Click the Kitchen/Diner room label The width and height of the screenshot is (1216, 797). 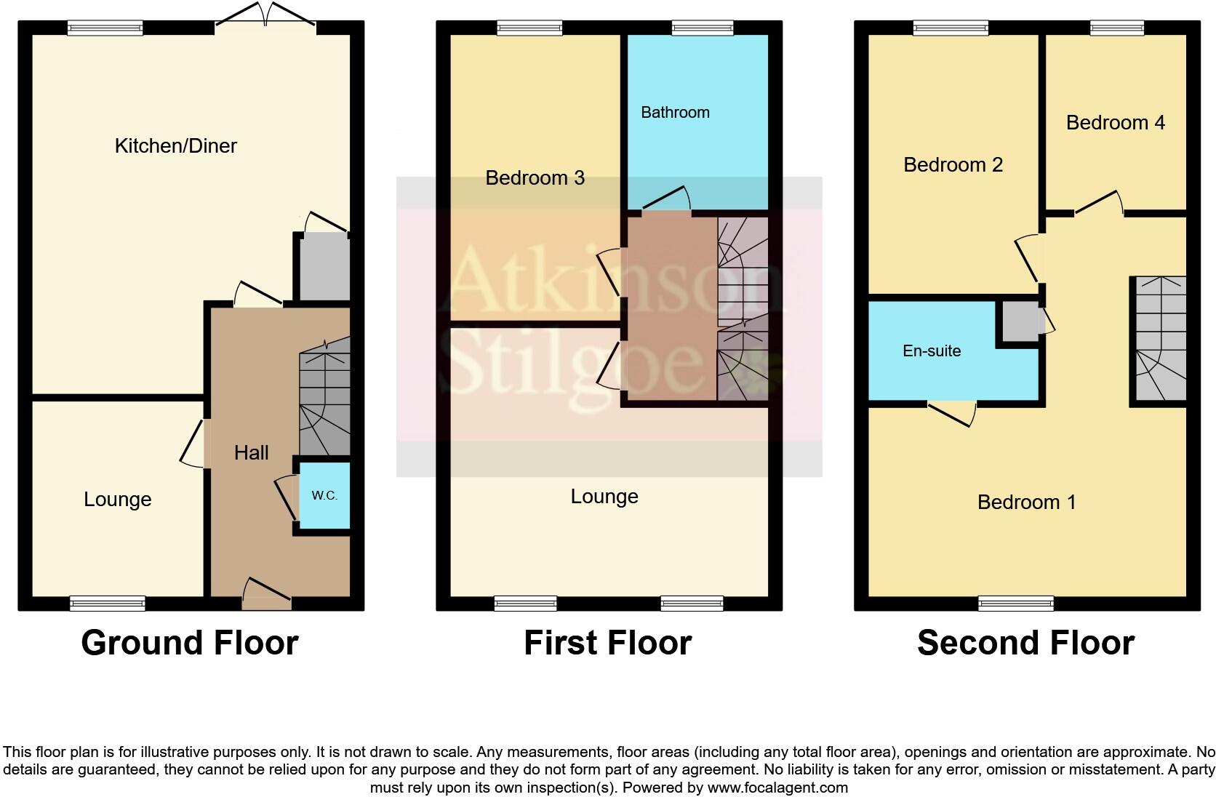coord(176,146)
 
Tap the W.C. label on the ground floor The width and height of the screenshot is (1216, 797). coord(324,496)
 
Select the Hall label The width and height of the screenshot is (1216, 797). coord(252,453)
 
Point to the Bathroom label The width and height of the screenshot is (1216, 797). coord(675,113)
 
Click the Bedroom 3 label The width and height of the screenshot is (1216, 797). coord(535,178)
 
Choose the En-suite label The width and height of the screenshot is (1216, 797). coord(932,351)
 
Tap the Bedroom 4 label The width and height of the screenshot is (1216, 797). coord(1115,123)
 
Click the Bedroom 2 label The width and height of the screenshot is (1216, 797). coord(953,165)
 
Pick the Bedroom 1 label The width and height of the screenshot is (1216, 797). coord(1026,502)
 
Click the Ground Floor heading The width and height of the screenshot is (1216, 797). coord(190,644)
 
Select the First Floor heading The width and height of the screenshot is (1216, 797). coord(607,644)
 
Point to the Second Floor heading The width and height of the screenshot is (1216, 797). coord(1025,644)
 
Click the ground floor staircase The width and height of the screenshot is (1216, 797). coord(324,404)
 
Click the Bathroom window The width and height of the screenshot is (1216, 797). coord(703,28)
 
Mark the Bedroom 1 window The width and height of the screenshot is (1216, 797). coord(1015,603)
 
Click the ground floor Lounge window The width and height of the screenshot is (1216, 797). coord(108,603)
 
